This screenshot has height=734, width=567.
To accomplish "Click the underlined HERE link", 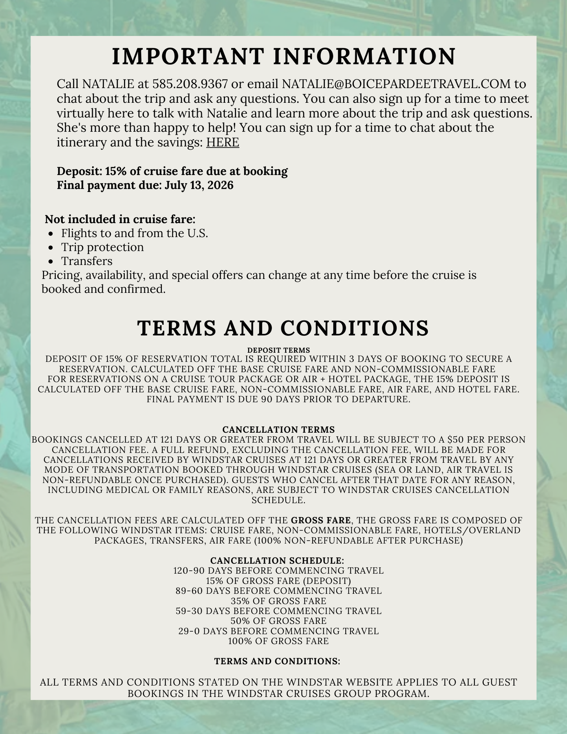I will [x=223, y=142].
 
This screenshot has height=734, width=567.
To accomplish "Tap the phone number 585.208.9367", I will [x=190, y=84].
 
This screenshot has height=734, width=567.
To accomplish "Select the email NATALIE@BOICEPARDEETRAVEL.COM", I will [x=396, y=84].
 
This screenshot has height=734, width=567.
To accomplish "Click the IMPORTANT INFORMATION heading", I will [x=283, y=56].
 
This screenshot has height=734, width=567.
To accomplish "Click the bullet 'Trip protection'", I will [x=102, y=247].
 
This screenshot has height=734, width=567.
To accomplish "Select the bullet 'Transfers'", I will [x=87, y=261].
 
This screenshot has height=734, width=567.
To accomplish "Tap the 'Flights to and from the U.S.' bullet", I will [x=135, y=233].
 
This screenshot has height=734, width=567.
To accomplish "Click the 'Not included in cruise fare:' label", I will [x=120, y=219].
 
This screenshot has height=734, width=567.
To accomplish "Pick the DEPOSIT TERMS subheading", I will [x=278, y=350].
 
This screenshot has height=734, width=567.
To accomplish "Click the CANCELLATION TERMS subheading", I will [x=278, y=429].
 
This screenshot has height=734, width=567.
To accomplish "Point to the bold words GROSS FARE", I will [x=320, y=520].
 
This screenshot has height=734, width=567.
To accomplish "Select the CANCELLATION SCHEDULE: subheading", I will [x=277, y=561].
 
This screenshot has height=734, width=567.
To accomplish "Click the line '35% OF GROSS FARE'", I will [x=278, y=601].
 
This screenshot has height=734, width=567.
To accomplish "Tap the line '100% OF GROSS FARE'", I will [x=278, y=641].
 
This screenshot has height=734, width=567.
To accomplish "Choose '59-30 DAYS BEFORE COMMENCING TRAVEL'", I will [x=278, y=611].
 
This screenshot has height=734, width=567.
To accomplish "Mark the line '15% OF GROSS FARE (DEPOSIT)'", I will [x=278, y=581].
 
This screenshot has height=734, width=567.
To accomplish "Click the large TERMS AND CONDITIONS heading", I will [x=283, y=328].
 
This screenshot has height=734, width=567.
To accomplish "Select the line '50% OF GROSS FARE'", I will [x=278, y=621].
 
